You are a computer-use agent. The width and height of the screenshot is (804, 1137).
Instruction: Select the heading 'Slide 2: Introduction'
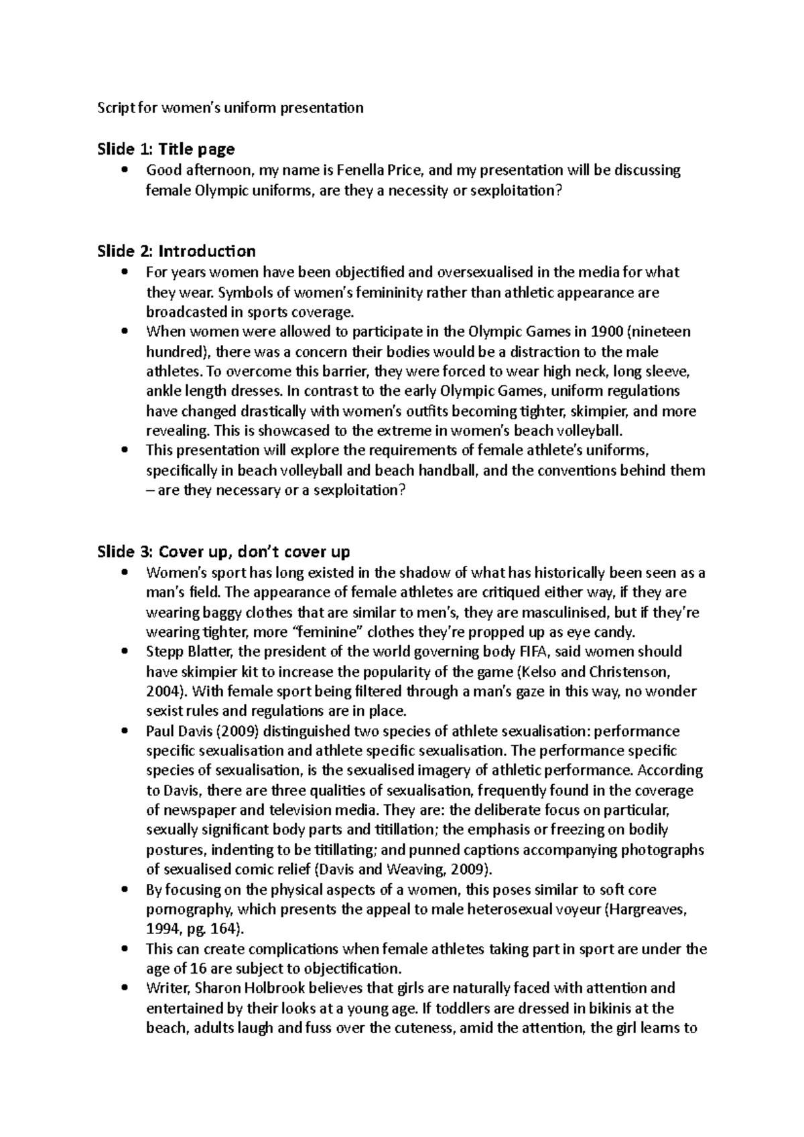pyautogui.click(x=176, y=251)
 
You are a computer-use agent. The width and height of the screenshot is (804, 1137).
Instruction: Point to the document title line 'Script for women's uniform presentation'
pyautogui.click(x=230, y=108)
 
